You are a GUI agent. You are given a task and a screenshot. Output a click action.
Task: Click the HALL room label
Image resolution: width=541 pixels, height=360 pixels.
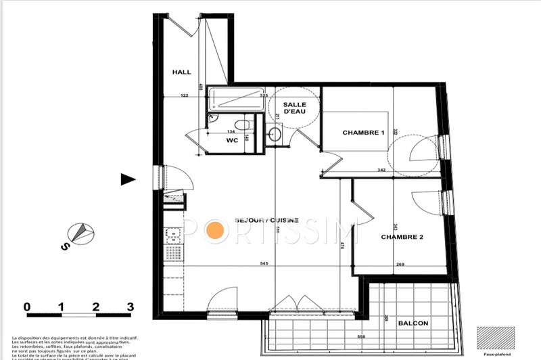click(x=181, y=72)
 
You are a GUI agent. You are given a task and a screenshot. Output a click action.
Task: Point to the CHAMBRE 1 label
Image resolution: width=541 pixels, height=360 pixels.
click(x=363, y=133)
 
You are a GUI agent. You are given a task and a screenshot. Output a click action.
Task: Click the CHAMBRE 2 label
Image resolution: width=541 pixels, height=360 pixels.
click(x=402, y=237)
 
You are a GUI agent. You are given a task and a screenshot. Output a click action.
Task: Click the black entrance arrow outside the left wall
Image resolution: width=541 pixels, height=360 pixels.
click(x=128, y=179)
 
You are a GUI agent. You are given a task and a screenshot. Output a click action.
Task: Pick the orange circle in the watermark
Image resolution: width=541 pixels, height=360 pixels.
click(x=215, y=230)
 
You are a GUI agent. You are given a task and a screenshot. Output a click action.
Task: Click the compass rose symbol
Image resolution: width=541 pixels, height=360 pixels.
click(x=82, y=232)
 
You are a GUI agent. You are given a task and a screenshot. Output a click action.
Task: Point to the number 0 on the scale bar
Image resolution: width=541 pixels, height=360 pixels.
click(x=27, y=307)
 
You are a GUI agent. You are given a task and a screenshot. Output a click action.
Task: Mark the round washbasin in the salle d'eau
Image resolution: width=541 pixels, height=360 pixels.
click(x=275, y=133)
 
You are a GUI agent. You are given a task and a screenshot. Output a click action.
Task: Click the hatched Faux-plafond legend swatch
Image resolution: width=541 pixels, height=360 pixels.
click(x=492, y=336)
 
